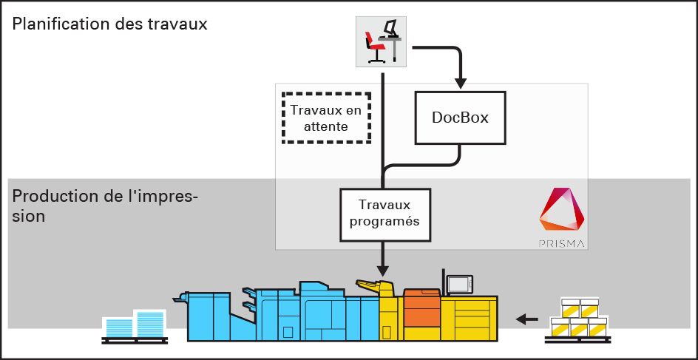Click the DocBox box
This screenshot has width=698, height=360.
click(x=460, y=118)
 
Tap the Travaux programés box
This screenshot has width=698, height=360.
click(x=384, y=214)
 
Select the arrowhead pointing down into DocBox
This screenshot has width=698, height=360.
click(x=460, y=81)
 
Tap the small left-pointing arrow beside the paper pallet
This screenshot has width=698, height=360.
click(x=526, y=319)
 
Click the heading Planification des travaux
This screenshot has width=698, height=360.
click(x=109, y=24)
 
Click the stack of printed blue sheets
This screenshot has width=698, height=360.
click(x=134, y=325)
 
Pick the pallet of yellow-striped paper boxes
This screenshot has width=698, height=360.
click(x=579, y=319)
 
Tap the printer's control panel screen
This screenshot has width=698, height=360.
click(x=459, y=284)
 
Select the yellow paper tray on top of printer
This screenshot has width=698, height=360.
click(x=373, y=285)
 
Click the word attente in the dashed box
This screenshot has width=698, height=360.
click(x=325, y=127)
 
